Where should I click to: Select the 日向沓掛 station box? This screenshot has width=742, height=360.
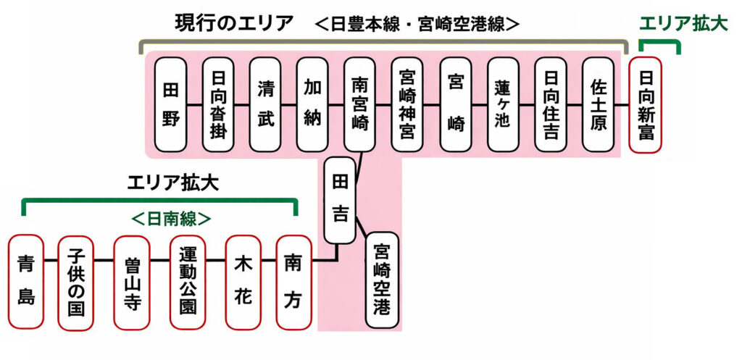coord(217,104)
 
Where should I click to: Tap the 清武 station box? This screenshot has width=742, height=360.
coord(265,104)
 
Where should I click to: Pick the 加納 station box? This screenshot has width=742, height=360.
coord(312,104)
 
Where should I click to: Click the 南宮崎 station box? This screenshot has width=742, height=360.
coord(360,104)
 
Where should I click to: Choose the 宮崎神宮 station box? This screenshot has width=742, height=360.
coord(407,104)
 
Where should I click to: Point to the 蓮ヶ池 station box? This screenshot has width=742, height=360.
coord(503,104)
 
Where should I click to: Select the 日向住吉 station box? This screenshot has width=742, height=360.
coord(551,104)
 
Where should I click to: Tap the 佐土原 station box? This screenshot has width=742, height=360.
coord(598,104)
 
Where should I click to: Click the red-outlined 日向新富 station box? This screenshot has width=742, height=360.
coord(646,104)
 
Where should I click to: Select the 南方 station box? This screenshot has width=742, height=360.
coord(293,281)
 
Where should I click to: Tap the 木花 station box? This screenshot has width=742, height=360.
coord(242,281)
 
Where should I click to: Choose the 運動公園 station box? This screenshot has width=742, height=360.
coord(187,281)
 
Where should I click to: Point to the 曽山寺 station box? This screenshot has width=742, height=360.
coord(131,281)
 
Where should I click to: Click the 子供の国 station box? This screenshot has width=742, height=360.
coord(75,281)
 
